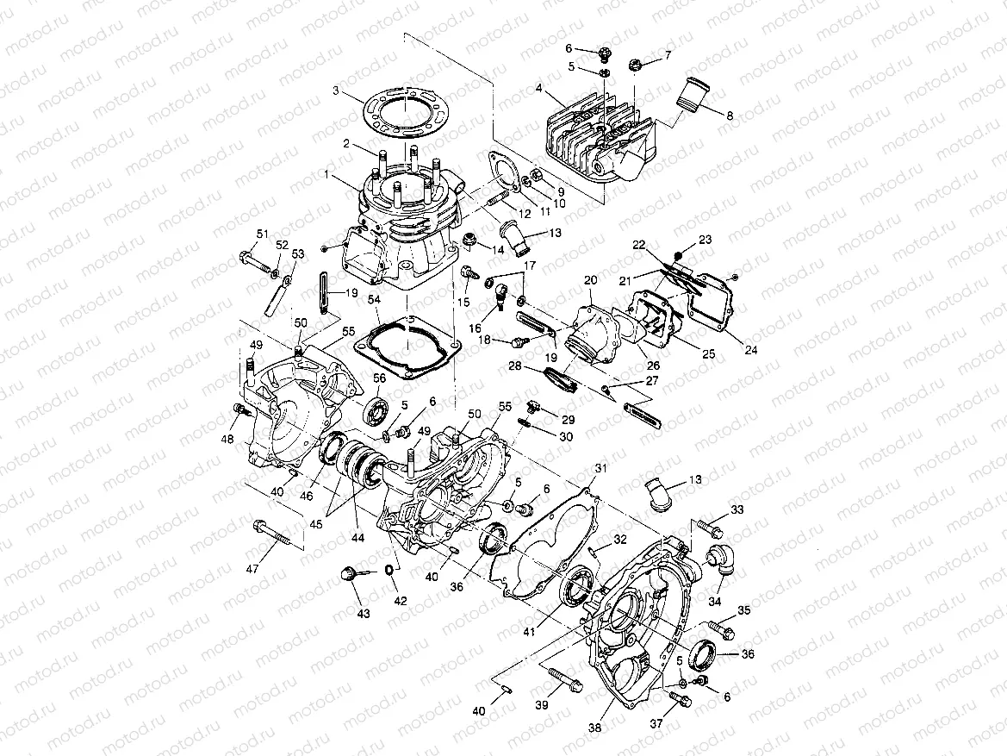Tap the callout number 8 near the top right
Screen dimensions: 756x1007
(729, 116)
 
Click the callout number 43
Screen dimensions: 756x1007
(364, 614)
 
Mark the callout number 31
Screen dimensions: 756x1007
(600, 468)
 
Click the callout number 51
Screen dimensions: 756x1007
(262, 234)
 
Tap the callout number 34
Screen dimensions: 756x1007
(714, 601)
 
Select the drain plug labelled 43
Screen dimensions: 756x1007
(350, 574)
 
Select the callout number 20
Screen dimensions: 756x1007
(590, 280)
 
